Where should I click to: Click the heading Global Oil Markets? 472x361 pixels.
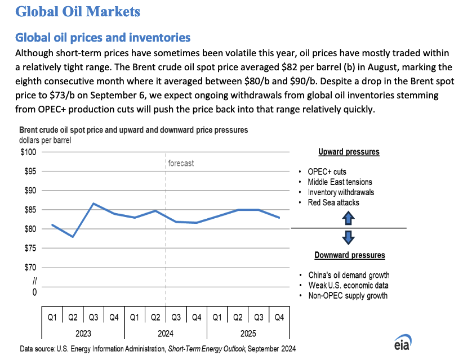[x=78, y=11]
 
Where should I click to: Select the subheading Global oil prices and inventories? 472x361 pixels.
[x=103, y=38]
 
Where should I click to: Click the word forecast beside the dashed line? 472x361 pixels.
[x=181, y=163]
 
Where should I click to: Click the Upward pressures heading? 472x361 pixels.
[x=349, y=152]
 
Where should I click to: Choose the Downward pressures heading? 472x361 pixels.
[x=350, y=255]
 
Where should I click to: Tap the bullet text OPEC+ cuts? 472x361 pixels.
[x=327, y=172]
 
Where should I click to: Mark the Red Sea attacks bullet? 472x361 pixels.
[x=333, y=202]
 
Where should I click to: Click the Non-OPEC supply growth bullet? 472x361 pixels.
[x=348, y=296]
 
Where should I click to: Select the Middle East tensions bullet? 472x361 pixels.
[x=340, y=182]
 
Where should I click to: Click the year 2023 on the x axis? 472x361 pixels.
[x=83, y=332]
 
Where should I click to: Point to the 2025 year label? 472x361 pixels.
[x=248, y=332]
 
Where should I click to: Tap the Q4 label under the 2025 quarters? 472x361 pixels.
[x=279, y=317]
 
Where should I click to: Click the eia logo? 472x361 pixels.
[x=402, y=344]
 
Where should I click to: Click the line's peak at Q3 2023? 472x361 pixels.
[x=93, y=204]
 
